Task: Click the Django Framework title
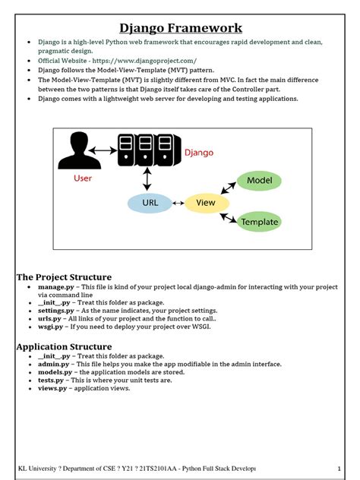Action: [181, 28]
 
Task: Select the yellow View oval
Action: [206, 203]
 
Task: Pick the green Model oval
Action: [259, 181]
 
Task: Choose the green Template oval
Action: [259, 222]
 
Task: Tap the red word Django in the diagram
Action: [199, 152]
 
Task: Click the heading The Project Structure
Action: [64, 277]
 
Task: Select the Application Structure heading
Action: [64, 346]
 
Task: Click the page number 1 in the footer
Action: [339, 468]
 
